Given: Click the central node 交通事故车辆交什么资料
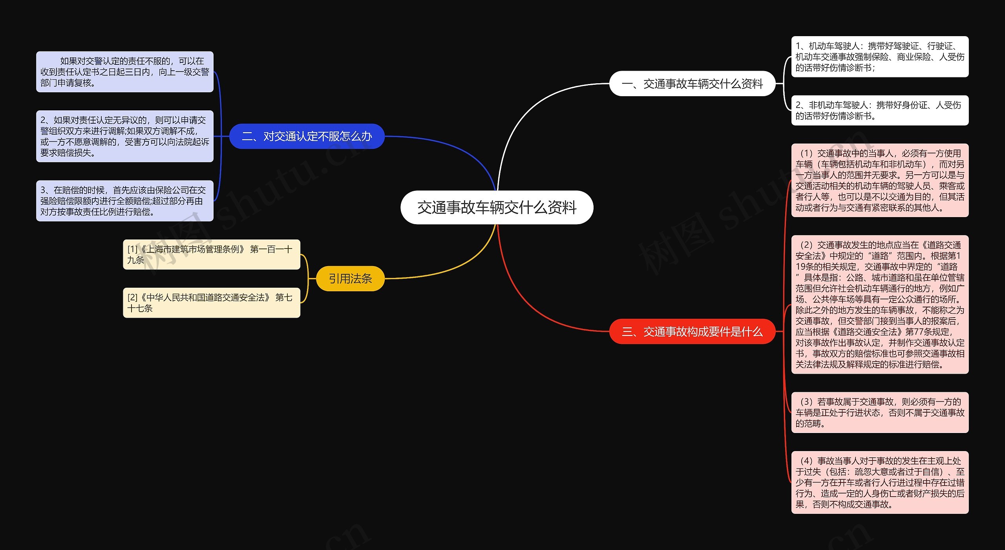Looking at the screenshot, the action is click(x=496, y=207).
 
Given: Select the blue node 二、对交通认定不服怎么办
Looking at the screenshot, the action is click(x=307, y=136).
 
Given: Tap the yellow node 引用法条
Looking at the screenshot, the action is click(x=350, y=278).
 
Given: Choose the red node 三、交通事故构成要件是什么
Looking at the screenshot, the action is click(x=692, y=332).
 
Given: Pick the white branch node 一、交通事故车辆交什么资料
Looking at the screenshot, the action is click(x=692, y=84).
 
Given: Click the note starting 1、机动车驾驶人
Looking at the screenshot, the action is click(x=879, y=57).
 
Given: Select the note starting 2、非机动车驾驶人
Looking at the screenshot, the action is click(x=879, y=110).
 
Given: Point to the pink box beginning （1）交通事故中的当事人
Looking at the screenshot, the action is click(x=879, y=180).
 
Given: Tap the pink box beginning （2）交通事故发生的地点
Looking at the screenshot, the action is click(x=879, y=305).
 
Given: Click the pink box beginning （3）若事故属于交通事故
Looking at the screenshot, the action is click(x=879, y=412).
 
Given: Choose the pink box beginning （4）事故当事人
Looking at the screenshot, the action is click(x=879, y=482).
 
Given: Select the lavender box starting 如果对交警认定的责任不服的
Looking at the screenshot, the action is click(x=124, y=72).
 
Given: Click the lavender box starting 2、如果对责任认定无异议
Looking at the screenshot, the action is click(x=124, y=136).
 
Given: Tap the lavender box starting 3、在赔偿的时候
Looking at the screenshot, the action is click(x=124, y=201).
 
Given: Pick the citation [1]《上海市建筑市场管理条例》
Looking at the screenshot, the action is click(x=211, y=254).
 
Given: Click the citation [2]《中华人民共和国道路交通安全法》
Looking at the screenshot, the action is click(x=211, y=303).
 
